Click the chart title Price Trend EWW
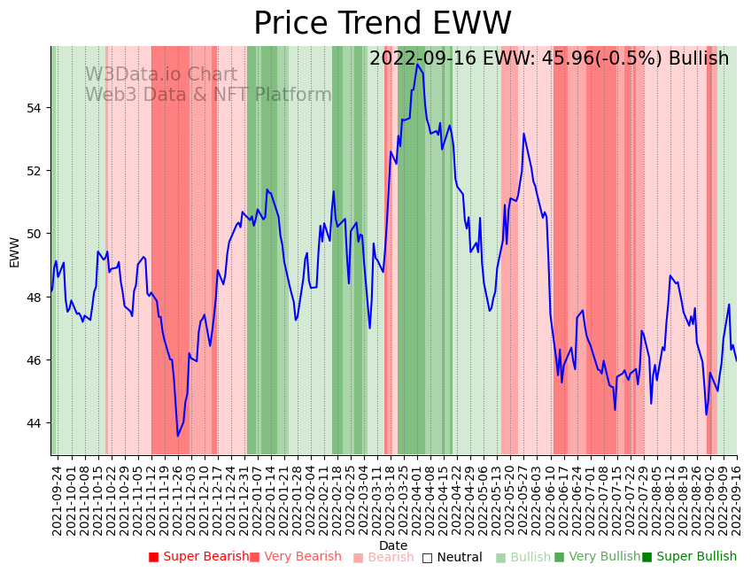coord(383,24)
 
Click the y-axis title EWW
coord(14,251)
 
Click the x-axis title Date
coord(393,545)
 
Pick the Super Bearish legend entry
coord(199,557)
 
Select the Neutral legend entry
coord(453,557)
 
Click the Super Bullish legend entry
coord(690,557)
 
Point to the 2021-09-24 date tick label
coord(57,498)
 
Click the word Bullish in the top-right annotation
coord(699,58)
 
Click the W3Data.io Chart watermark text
coord(161,75)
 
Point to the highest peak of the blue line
coord(417,64)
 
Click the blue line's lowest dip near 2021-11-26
coord(177,436)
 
